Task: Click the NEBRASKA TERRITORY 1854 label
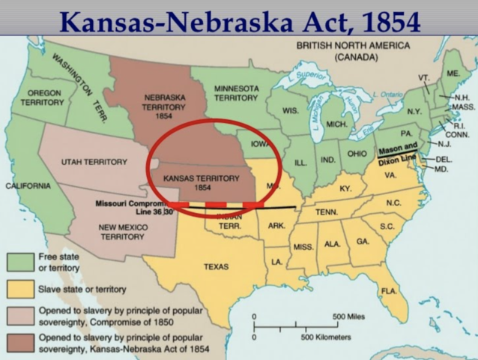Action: click(x=163, y=107)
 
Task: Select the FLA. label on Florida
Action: click(x=388, y=290)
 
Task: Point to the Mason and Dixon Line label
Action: click(x=397, y=153)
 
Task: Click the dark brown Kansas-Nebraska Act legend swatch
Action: click(x=20, y=343)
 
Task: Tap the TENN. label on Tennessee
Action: click(x=327, y=212)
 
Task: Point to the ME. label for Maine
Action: click(x=453, y=73)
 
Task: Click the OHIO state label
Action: click(x=357, y=154)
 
